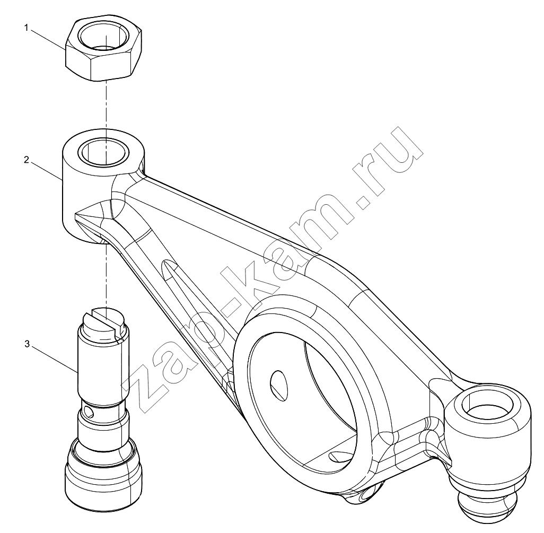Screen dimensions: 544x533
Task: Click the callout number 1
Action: pyautogui.click(x=26, y=28)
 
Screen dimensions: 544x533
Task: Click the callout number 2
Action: pyautogui.click(x=26, y=160)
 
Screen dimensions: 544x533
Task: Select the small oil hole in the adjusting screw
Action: pyautogui.click(x=90, y=412)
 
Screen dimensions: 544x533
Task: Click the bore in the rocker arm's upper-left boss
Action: pyautogui.click(x=103, y=152)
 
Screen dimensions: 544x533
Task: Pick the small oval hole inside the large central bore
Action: pyautogui.click(x=279, y=386)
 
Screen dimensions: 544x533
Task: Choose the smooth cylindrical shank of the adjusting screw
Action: pyautogui.click(x=103, y=369)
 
